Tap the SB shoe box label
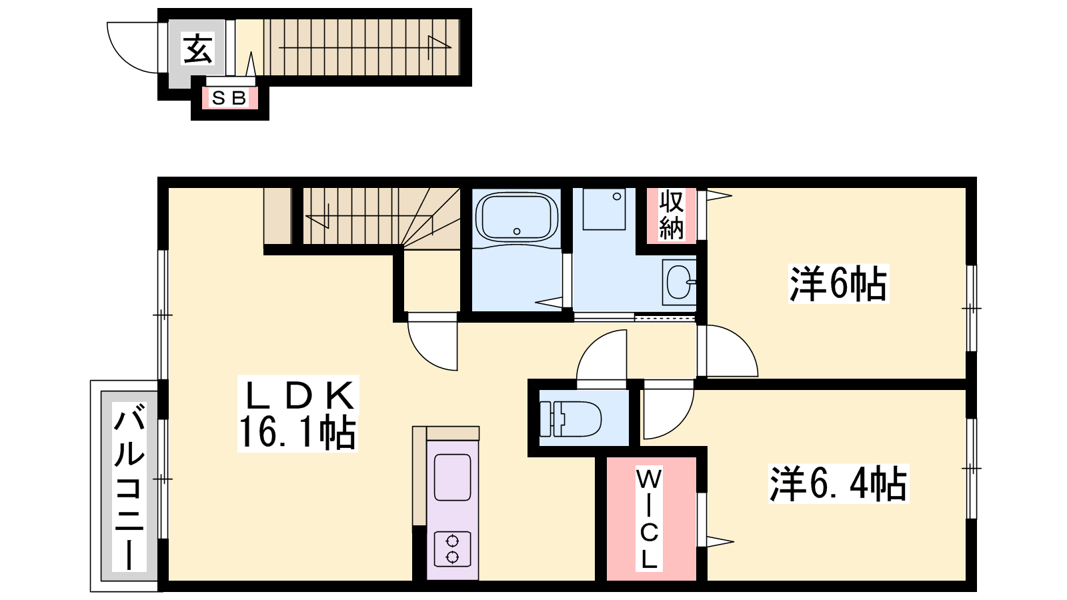(229, 98)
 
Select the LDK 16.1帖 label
(298, 414)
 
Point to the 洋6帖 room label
(838, 284)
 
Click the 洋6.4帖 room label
(838, 484)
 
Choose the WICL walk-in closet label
(649, 519)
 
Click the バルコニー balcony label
(129, 487)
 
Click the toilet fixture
(570, 419)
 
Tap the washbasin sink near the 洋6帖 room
(680, 282)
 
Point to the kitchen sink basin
(453, 477)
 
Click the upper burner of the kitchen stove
(452, 541)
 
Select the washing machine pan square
(604, 209)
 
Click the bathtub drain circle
(517, 231)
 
